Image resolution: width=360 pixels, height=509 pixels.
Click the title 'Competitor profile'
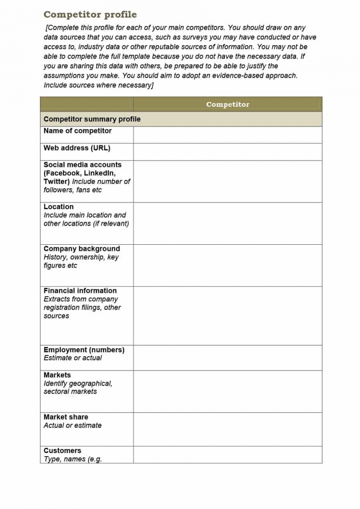tap(90, 15)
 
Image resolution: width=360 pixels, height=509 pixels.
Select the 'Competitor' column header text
tap(228, 104)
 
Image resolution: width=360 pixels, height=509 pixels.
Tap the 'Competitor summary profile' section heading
tap(92, 119)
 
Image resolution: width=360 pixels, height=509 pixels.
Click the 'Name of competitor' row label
tap(77, 131)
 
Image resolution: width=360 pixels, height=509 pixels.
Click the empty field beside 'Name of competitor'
tap(228, 135)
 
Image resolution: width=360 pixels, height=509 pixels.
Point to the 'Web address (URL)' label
tap(77, 148)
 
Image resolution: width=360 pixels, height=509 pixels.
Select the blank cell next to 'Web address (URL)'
tap(228, 151)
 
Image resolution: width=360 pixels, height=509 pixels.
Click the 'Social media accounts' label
tap(82, 164)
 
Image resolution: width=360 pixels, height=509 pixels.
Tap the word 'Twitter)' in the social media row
tap(56, 181)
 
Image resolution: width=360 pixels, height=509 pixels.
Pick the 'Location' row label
tap(59, 207)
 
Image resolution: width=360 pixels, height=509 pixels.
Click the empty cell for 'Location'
tap(228, 223)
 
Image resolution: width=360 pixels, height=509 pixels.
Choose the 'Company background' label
tap(82, 249)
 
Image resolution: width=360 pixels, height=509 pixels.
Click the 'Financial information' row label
tap(80, 290)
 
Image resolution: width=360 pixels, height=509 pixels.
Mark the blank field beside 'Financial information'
tap(228, 315)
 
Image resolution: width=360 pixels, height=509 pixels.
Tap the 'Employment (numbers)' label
tap(84, 350)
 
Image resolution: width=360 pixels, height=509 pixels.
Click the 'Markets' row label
tap(57, 375)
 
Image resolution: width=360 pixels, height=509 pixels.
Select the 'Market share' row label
tap(66, 417)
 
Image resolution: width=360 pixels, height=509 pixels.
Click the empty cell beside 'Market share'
tap(228, 429)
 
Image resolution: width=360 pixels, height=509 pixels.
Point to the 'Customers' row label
tap(62, 450)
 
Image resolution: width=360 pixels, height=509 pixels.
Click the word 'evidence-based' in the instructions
tap(239, 76)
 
